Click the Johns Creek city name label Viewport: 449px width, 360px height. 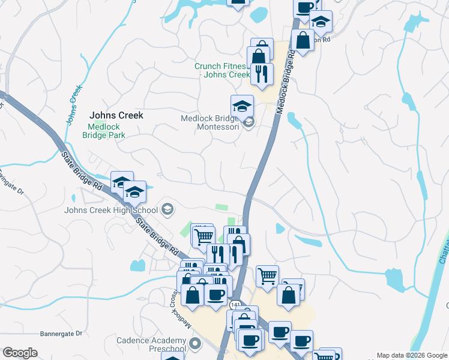(x=116, y=115)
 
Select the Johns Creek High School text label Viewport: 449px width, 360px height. (x=111, y=210)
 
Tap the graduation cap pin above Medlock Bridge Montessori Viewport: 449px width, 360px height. (x=242, y=106)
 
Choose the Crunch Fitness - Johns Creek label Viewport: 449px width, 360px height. (x=221, y=71)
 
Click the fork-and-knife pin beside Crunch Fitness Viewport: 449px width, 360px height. (x=262, y=74)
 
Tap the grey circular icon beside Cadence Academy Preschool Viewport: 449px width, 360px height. (x=194, y=344)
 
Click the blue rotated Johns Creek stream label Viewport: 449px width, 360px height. (x=73, y=108)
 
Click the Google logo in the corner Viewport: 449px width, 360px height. (x=20, y=353)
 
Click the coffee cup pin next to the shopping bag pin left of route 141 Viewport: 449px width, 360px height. (x=215, y=295)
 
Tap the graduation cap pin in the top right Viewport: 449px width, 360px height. (x=321, y=22)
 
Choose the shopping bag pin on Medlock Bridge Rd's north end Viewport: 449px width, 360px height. (x=303, y=41)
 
